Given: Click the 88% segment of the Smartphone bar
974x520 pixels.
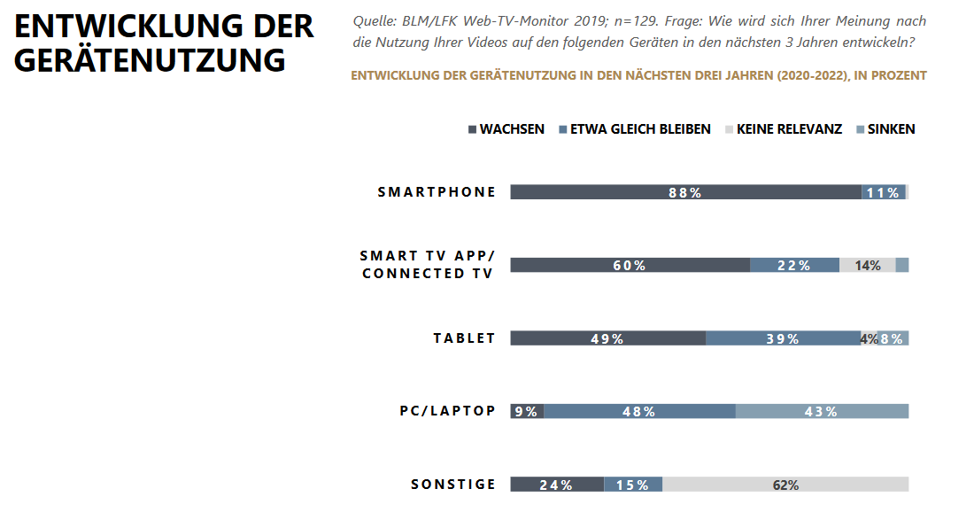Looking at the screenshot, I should point(685,192).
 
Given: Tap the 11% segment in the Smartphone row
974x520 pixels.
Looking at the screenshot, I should point(883,192).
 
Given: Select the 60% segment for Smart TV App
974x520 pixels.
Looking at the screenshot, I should point(630,265).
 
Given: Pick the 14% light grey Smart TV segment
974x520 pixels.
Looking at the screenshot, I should point(867,265).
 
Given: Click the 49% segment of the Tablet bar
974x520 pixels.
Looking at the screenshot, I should point(607,338).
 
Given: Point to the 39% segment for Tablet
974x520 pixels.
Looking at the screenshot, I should point(783,338).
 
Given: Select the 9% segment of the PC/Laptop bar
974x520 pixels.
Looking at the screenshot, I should point(527,411).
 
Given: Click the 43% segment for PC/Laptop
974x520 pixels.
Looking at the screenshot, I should point(822,411).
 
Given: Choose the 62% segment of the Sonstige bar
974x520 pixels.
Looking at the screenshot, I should point(785,485).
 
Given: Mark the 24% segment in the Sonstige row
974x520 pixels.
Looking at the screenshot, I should point(557,485).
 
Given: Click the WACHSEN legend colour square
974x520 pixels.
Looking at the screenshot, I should point(472,129).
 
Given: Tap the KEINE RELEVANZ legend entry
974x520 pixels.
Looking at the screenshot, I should point(789,129).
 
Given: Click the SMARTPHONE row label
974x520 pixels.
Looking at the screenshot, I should point(437,192).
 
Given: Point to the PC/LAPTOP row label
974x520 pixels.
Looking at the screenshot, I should point(447,411).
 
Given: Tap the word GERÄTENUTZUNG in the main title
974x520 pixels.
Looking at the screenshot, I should point(150,60).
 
